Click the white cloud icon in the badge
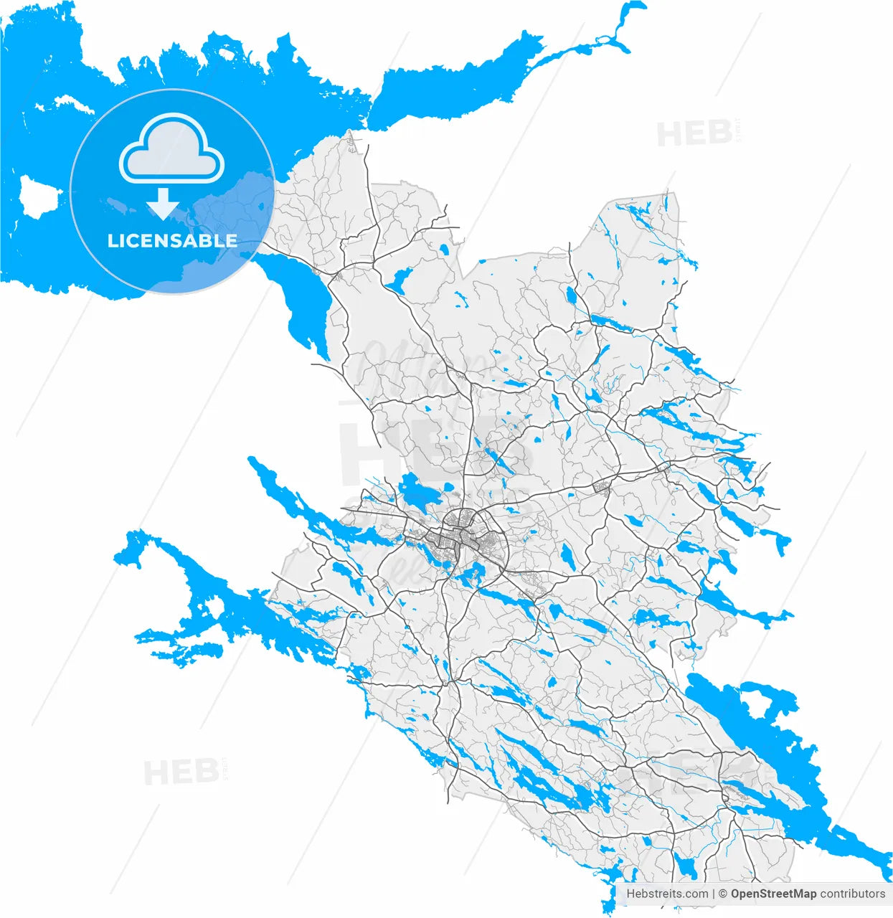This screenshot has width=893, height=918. pyautogui.click(x=172, y=148)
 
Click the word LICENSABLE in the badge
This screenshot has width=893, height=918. pyautogui.click(x=172, y=241)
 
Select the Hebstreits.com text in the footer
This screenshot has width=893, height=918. pyautogui.click(x=667, y=894)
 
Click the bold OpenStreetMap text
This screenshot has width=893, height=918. pyautogui.click(x=773, y=894)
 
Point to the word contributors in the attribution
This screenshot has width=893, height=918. pyautogui.click(x=853, y=894)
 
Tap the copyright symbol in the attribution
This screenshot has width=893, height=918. pyautogui.click(x=723, y=894)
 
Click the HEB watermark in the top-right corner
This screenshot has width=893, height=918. pyautogui.click(x=694, y=134)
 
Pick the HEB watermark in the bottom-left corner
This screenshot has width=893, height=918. pyautogui.click(x=181, y=772)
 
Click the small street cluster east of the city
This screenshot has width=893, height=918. pyautogui.click(x=602, y=488)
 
